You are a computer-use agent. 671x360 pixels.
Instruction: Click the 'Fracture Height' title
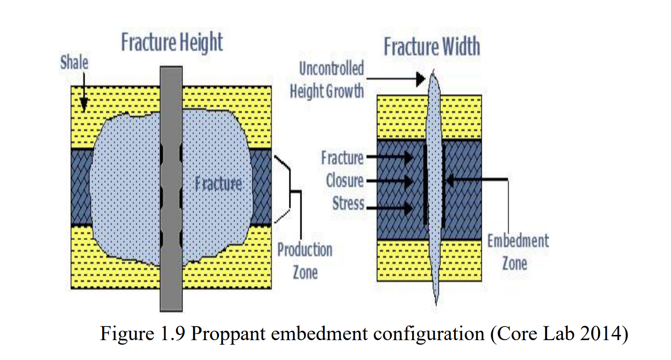coord(172,42)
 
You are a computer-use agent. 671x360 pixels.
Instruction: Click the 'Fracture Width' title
coord(431,47)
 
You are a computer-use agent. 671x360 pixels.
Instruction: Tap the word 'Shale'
coord(74,62)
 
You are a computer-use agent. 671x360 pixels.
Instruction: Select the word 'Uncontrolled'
coord(331,69)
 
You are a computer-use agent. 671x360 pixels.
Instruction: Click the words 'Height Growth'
coord(327,90)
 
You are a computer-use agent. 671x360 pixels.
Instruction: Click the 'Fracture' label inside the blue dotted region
coord(218,183)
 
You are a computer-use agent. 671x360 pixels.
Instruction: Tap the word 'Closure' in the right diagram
coord(345,181)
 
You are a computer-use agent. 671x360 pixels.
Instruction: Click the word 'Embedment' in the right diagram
coord(518,241)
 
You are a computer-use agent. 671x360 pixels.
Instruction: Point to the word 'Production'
coord(305,250)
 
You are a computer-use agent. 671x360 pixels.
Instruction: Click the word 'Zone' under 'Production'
coord(305,272)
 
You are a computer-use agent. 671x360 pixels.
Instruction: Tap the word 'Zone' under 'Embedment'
coord(514,263)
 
